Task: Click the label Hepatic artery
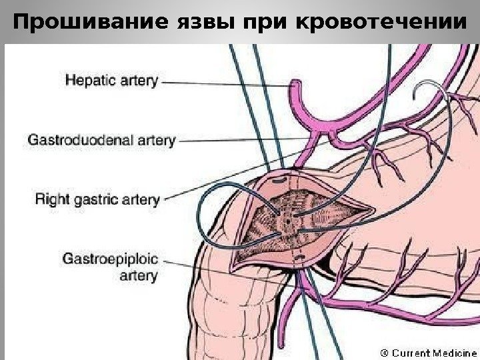pyautogui.click(x=111, y=81)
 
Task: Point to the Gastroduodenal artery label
pyautogui.click(x=101, y=140)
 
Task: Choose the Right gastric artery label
pyautogui.click(x=96, y=199)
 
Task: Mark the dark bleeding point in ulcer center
pyautogui.click(x=288, y=217)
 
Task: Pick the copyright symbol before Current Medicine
pyautogui.click(x=385, y=351)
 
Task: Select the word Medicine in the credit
pyautogui.click(x=451, y=351)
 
